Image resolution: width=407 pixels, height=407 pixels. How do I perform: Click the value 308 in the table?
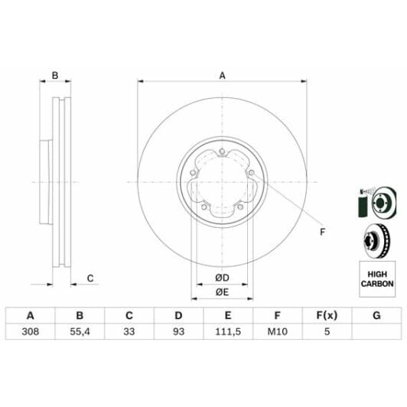coord(31,331)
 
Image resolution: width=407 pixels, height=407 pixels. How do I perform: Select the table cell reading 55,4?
coord(80,331)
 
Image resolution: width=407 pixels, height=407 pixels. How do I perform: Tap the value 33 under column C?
coord(129,331)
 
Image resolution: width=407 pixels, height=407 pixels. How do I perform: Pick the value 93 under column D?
coord(178,331)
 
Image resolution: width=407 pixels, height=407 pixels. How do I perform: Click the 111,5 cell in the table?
coord(228,331)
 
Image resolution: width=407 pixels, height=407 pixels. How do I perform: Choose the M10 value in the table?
coord(278,331)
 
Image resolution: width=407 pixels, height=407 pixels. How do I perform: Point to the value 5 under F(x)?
coord(327,331)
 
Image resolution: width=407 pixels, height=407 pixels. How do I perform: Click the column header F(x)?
coord(327,314)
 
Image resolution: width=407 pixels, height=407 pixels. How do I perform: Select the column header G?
coord(376,314)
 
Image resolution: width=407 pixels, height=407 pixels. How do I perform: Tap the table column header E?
coord(228,314)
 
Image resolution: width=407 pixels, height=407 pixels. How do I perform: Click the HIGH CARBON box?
coord(376,278)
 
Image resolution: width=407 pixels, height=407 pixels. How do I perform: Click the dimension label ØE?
coord(223,291)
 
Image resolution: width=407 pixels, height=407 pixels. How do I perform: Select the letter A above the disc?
coord(223,75)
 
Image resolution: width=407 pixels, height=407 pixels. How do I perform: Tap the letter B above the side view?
coord(55,75)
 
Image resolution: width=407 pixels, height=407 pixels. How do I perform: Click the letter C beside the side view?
coord(90,278)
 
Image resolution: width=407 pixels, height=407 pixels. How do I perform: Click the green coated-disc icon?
coord(375,202)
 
